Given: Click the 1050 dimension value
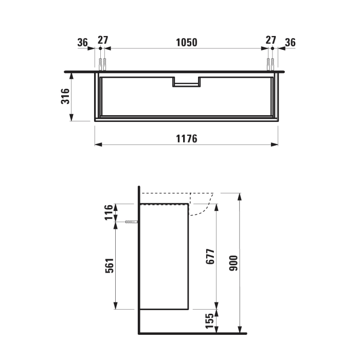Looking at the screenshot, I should (x=187, y=42).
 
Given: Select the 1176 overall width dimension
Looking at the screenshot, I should (x=187, y=139).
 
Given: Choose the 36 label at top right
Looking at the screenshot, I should (x=290, y=42).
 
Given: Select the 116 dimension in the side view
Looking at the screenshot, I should (x=109, y=212).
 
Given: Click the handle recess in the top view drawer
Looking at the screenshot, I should (x=187, y=83).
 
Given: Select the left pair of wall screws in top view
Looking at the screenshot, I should (x=102, y=64).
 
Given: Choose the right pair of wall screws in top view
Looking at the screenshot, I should (x=270, y=64).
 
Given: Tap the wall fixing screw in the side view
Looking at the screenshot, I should (x=132, y=222).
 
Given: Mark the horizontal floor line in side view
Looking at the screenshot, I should (x=193, y=333).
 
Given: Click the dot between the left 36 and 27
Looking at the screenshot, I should (x=99, y=48).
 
